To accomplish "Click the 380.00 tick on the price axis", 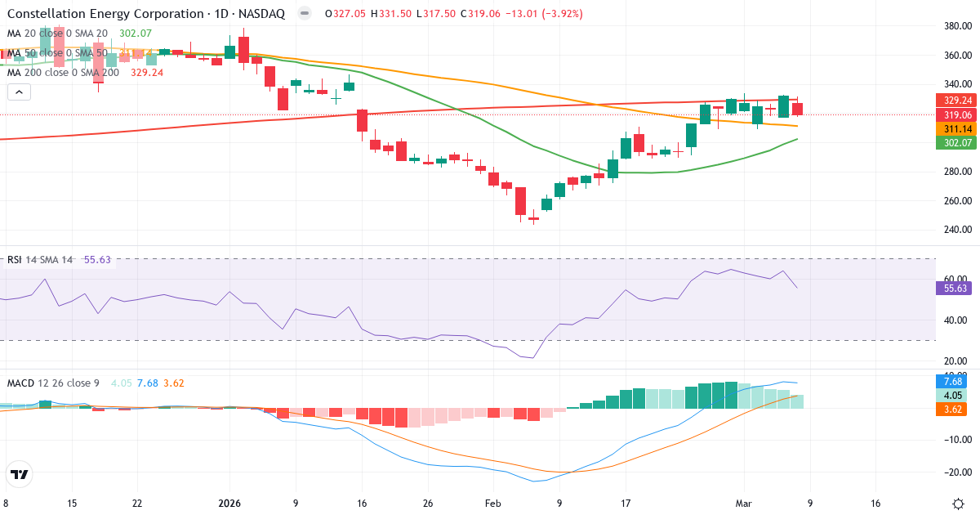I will (955, 26).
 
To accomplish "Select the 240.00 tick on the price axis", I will (955, 230).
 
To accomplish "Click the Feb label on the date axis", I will (492, 504).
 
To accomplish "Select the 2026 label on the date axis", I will (229, 504).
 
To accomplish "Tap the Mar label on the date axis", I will (743, 504).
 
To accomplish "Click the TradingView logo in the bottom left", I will (19, 474).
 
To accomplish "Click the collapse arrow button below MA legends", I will (19, 92).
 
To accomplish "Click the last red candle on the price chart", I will (797, 109).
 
